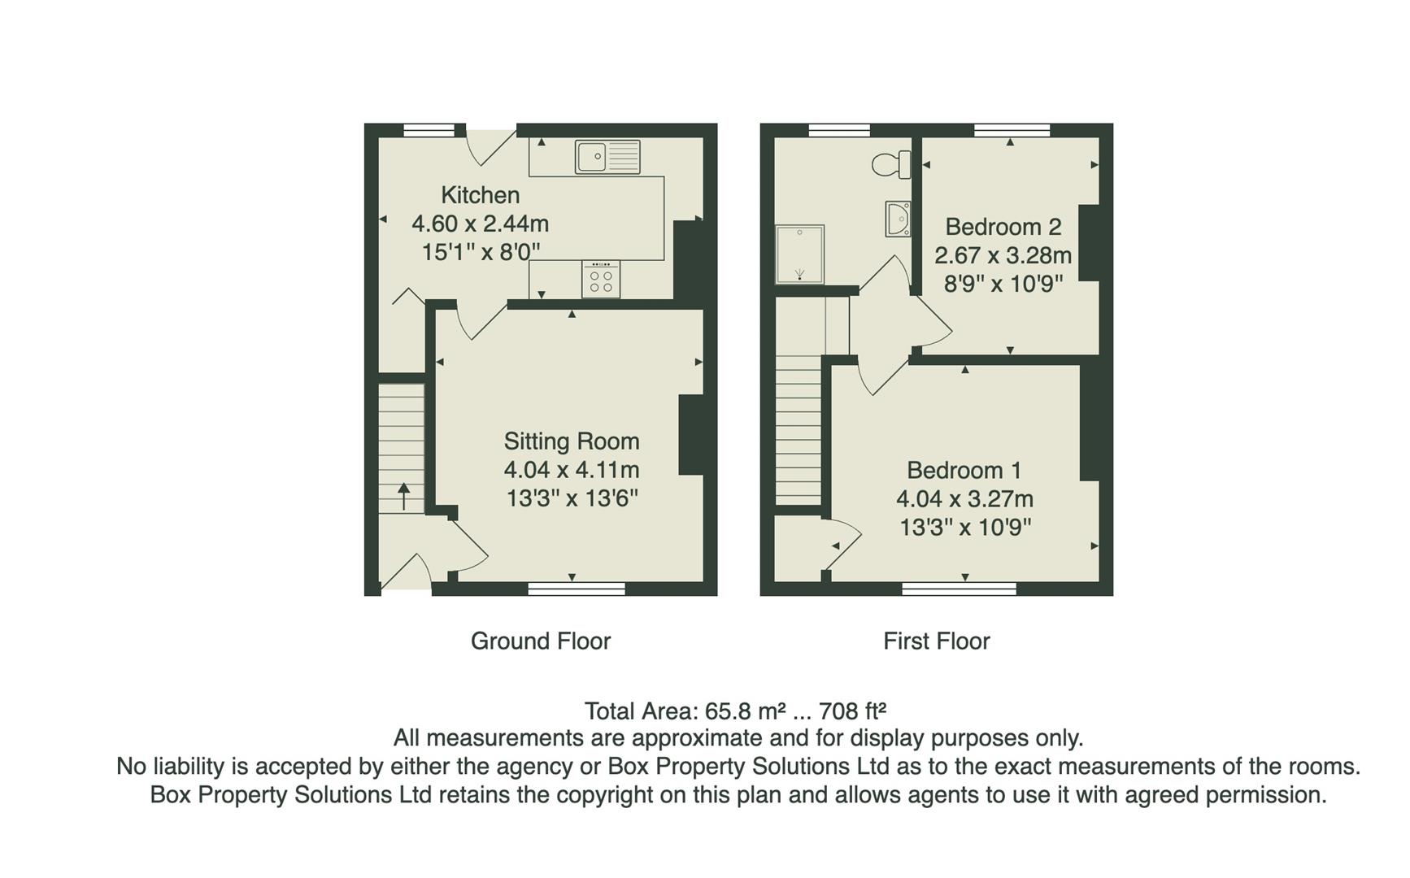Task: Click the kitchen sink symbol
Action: coord(607,157)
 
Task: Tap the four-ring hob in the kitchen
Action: coord(601,280)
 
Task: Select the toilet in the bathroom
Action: coord(892,164)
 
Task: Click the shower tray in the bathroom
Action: coord(799,254)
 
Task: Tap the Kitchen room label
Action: coord(480,195)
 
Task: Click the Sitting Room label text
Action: coord(571,441)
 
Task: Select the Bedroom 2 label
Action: coord(1003,227)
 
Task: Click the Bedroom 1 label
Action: coord(964,471)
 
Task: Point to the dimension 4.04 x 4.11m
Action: coord(571,470)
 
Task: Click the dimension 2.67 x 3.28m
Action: coord(1003,255)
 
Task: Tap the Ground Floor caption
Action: coord(540,641)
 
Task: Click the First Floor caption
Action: coord(936,641)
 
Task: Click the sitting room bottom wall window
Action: coord(577,589)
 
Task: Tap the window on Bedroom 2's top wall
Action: coord(1012,129)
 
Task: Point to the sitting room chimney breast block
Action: coord(691,435)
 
